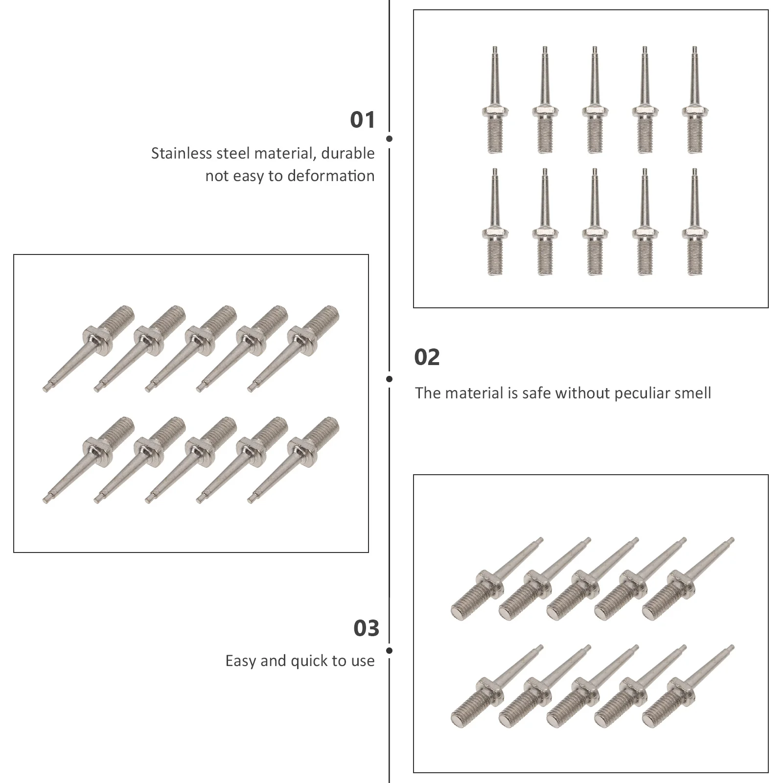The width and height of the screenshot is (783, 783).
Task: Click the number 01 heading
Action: tap(362, 120)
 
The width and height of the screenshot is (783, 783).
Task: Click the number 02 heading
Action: tap(427, 357)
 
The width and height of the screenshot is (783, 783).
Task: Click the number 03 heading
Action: tap(366, 628)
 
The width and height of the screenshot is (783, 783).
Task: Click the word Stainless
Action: tap(182, 154)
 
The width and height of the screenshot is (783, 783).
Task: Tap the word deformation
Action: tap(331, 176)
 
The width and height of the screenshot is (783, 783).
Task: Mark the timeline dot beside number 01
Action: tap(389, 139)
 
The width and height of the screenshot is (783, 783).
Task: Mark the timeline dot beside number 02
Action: tap(389, 379)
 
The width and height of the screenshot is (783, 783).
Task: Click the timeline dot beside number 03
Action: tap(389, 651)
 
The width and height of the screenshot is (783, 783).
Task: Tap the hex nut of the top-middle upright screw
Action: tap(595, 110)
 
